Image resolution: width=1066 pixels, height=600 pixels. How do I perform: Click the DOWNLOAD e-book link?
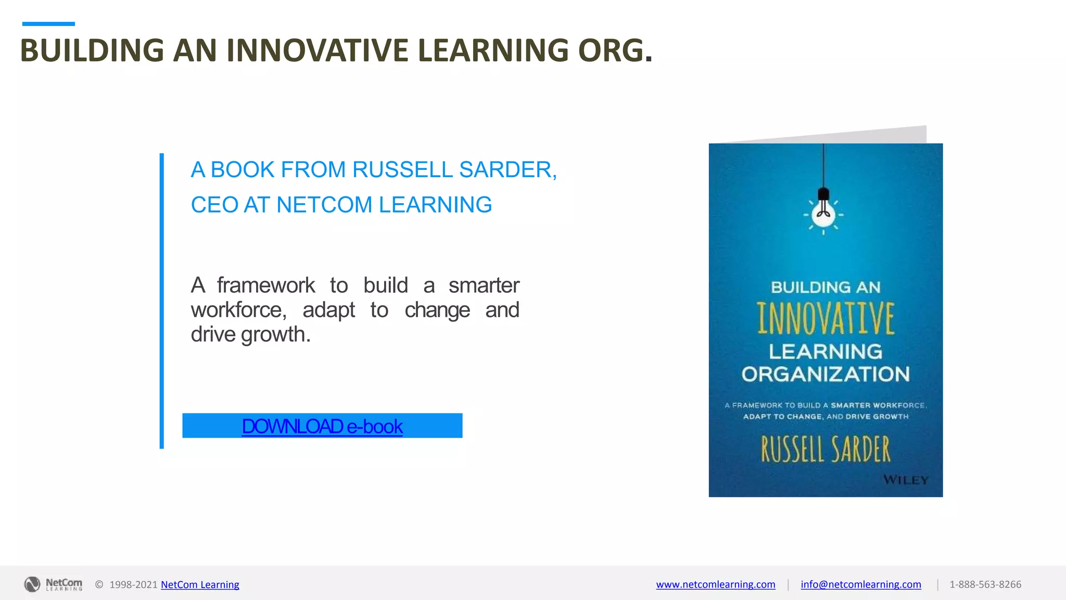coord(322,427)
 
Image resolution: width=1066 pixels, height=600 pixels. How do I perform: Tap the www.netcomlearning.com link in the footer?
coord(715,584)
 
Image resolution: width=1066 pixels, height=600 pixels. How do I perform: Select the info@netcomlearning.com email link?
coord(860,584)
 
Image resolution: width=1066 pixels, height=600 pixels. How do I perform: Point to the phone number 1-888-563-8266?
coord(985,584)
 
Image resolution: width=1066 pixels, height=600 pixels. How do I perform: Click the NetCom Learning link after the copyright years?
coord(200,584)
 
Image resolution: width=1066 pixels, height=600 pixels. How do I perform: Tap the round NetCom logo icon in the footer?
coord(32,584)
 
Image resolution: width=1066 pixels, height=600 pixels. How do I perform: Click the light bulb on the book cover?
coord(823,214)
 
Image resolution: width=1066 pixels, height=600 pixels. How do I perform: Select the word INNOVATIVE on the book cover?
coord(826,318)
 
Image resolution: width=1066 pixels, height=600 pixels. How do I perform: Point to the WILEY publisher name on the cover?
coord(906,480)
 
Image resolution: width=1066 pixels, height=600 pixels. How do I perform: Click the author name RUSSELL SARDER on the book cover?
coord(826,449)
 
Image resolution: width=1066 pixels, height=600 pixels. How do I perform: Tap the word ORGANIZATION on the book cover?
coord(826,374)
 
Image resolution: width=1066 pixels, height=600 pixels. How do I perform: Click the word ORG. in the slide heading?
coord(615,51)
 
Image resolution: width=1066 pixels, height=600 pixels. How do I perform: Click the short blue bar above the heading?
coord(48,24)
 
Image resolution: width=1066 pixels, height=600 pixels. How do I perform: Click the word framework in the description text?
coord(266,285)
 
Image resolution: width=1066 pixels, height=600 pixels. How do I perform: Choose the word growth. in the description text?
coord(276,334)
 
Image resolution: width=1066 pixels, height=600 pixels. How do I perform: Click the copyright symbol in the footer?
coord(99,584)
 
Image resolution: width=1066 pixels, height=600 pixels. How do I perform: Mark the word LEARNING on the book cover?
coord(826,352)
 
